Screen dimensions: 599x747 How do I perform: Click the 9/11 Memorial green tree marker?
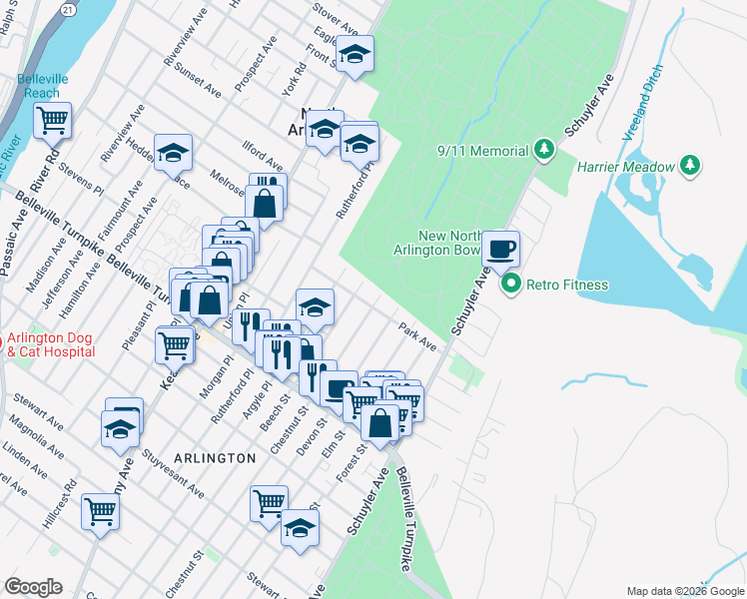[x=543, y=151]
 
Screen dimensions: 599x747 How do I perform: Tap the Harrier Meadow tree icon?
[x=689, y=166]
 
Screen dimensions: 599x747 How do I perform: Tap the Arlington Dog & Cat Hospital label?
[x=51, y=344]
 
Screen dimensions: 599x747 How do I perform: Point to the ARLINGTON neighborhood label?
[x=215, y=456]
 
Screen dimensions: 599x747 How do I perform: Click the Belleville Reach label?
[x=42, y=86]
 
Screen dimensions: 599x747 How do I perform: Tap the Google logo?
[x=34, y=587]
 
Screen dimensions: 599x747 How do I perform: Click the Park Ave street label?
[x=417, y=336]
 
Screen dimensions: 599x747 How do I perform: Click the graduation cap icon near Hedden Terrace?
[x=173, y=152]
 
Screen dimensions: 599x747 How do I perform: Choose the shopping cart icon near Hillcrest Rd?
[x=101, y=511]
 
